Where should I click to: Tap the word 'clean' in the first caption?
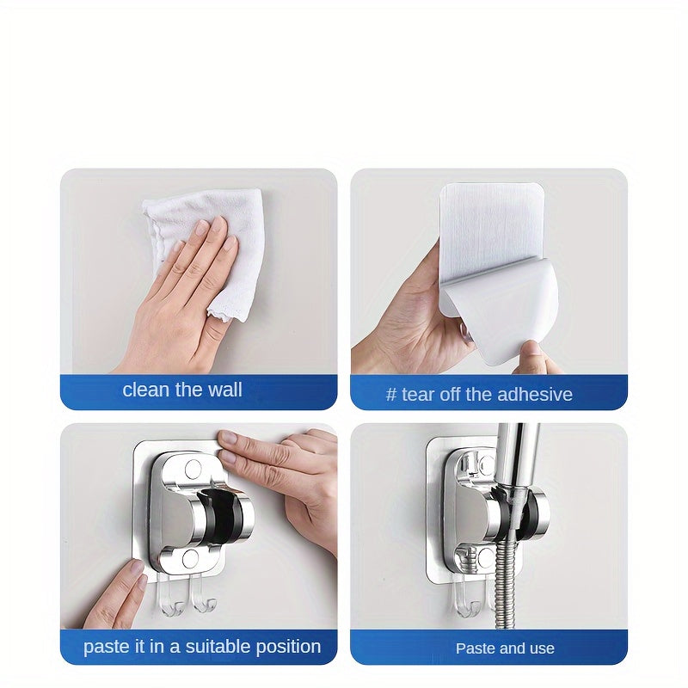tap(145, 390)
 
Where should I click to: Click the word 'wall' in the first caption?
tap(225, 390)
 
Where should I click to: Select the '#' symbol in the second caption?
tap(391, 395)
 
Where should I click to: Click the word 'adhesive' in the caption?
tap(530, 395)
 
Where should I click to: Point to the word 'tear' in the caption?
tap(420, 395)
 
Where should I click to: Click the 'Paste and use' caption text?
tap(505, 648)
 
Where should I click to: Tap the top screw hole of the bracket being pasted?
tap(193, 468)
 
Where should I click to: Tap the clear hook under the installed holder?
tap(466, 597)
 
